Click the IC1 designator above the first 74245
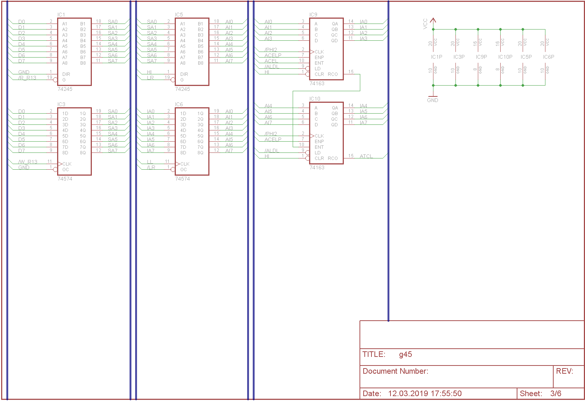61,15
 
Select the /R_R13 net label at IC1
27,78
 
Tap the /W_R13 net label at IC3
28,162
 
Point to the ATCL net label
366,156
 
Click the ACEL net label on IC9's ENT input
271,61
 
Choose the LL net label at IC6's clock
150,162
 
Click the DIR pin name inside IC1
66,74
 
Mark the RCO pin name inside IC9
333,74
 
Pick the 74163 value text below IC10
317,167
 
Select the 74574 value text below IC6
183,179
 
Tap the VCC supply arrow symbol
433,21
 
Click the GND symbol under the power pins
433,98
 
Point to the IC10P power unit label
505,57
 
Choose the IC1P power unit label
436,57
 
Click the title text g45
405,354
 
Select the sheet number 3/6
556,393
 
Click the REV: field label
564,371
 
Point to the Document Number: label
395,371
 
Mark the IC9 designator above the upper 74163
313,15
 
